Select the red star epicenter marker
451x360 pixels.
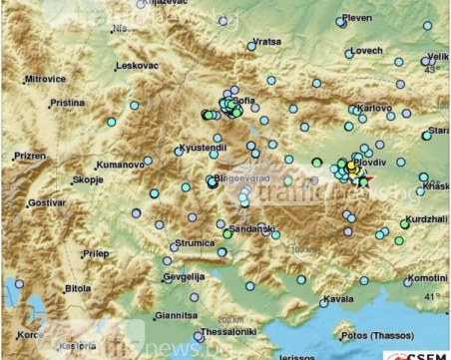(x=366, y=180)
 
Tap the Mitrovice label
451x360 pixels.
(x=45, y=77)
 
